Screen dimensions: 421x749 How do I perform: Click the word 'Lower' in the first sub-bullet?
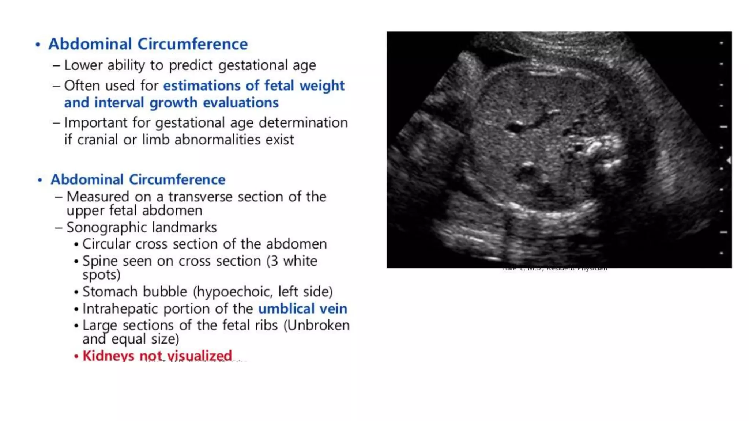(83, 65)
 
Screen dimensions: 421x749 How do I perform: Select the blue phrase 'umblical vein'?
(302, 309)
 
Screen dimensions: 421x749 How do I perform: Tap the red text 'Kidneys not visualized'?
(157, 356)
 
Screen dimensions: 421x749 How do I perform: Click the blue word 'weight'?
(322, 86)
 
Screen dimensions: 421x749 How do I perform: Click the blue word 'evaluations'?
(241, 103)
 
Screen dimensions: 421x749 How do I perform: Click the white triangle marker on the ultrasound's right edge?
(729, 160)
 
